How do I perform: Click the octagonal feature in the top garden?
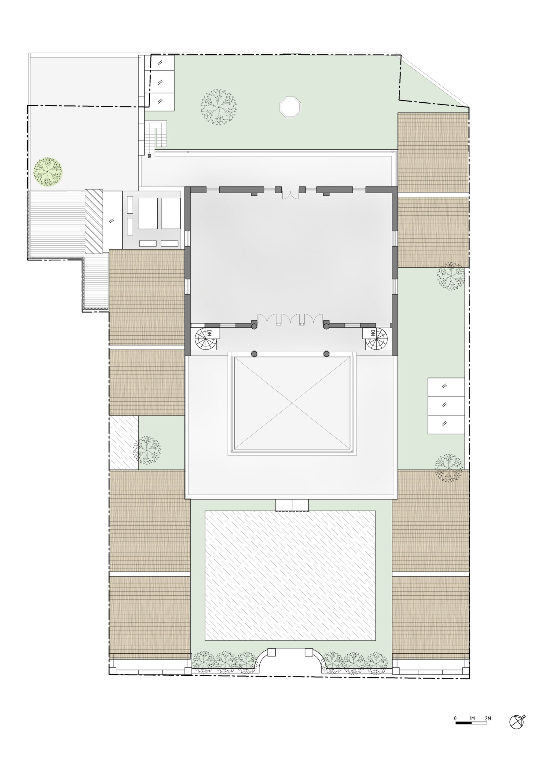(x=290, y=107)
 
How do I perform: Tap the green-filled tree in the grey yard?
(x=48, y=172)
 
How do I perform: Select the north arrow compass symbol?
(x=517, y=722)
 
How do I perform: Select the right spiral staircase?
(x=376, y=339)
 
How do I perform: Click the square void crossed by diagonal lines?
(x=292, y=403)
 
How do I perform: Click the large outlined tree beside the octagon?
(x=218, y=107)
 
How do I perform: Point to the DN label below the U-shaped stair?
(x=149, y=156)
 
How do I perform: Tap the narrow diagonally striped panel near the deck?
(x=94, y=221)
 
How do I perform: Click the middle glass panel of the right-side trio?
(x=446, y=405)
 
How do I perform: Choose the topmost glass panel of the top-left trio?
(x=160, y=63)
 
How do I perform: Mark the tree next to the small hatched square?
(x=147, y=450)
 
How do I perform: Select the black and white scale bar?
(x=471, y=722)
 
